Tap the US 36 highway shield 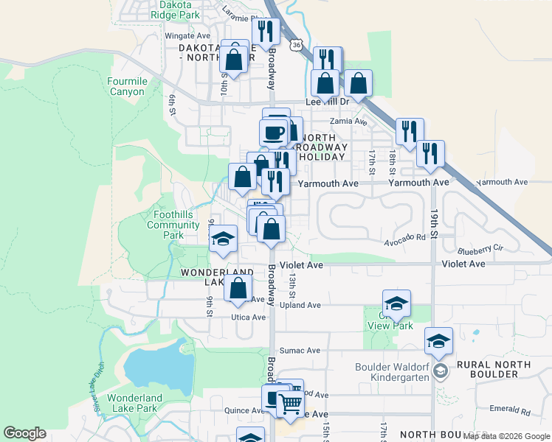coord(296,45)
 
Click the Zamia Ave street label coord(349,122)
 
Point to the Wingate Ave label coord(187,35)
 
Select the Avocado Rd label coord(405,238)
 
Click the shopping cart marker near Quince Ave coord(291,402)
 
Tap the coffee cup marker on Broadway coord(273,133)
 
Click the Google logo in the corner coord(25,433)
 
